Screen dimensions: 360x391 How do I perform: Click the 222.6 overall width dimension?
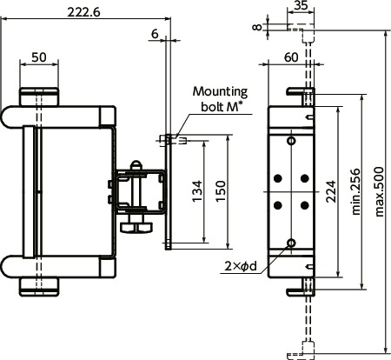(87, 11)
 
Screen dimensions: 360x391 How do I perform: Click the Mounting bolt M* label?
(220, 98)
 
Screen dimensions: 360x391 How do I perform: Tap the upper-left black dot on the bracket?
(278, 178)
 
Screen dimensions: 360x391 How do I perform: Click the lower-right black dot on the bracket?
(304, 204)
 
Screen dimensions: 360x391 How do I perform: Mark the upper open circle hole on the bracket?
(291, 140)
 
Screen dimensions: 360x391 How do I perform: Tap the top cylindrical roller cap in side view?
(39, 93)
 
